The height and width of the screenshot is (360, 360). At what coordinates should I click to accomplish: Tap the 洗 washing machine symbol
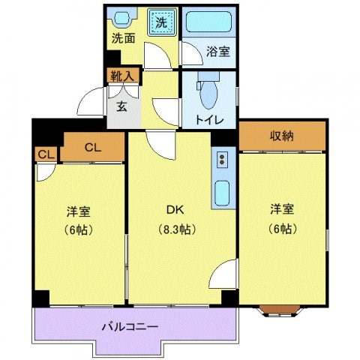[x=161, y=22]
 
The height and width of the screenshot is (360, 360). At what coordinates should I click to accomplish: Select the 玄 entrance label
[x=122, y=104]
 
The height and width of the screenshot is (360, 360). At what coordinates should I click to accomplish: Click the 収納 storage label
[x=282, y=136]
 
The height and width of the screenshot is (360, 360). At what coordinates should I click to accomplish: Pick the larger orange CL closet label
[x=92, y=148]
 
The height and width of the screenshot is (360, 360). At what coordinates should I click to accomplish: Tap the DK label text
[x=175, y=209]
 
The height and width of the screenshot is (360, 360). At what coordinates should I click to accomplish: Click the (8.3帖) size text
[x=175, y=229]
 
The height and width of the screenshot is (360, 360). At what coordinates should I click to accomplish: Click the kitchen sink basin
[x=223, y=195]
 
